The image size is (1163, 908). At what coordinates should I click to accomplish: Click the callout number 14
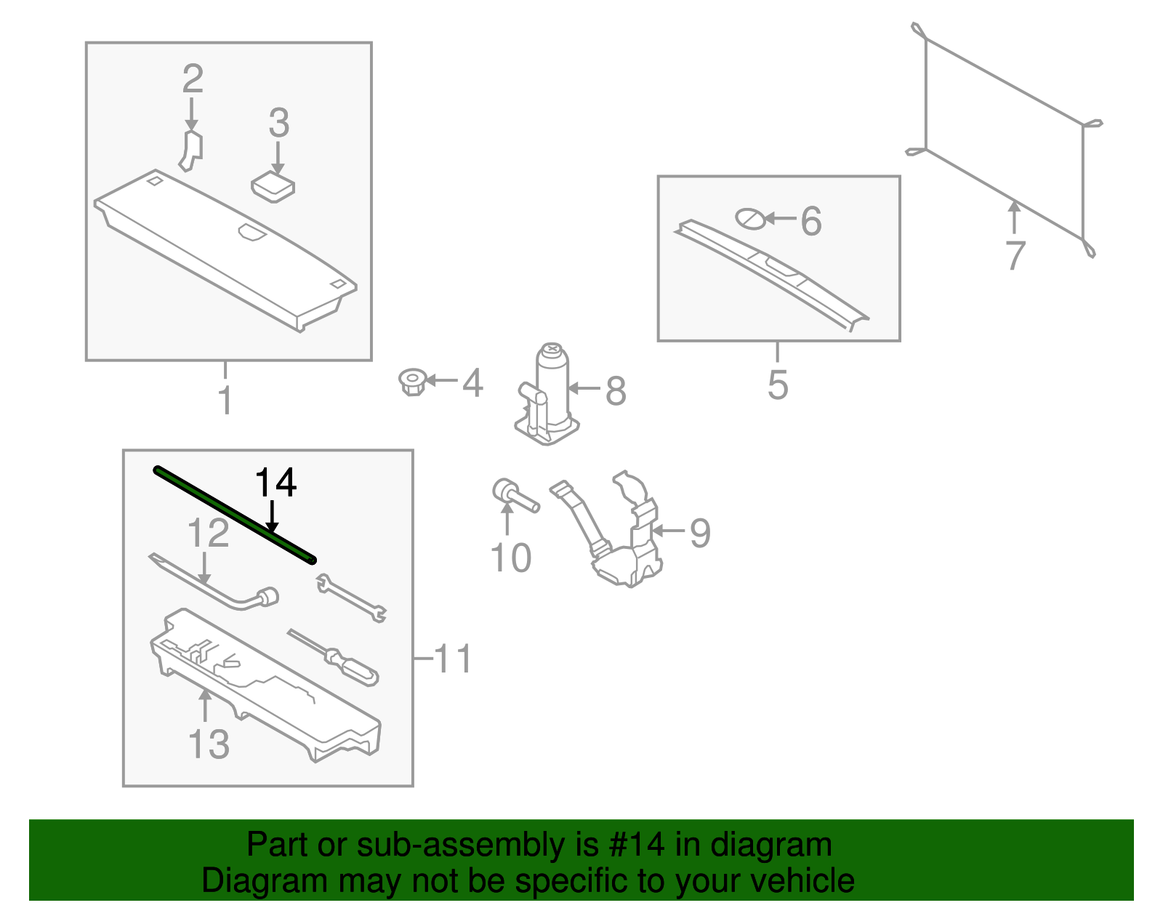[275, 483]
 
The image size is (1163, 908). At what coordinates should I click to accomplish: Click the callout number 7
[1015, 254]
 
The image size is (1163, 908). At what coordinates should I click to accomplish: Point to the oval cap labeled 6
[751, 218]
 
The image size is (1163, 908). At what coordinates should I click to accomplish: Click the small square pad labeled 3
[273, 187]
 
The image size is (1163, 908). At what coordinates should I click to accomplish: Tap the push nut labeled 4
[413, 382]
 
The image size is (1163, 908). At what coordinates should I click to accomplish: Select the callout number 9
[699, 533]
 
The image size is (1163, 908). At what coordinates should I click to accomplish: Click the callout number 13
[209, 744]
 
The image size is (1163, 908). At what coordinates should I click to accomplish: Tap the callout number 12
[208, 533]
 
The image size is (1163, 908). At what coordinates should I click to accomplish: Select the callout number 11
[453, 659]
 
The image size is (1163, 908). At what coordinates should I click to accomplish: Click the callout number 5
[778, 385]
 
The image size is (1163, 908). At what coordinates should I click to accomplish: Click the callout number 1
[225, 401]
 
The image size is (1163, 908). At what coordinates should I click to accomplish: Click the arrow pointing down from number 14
[272, 518]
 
